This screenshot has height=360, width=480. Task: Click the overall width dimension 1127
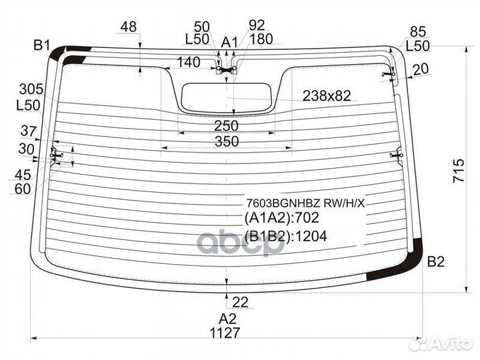pos(225,333)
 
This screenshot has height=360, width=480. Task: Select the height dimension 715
pos(459,171)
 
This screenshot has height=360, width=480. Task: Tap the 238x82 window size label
pos(327,96)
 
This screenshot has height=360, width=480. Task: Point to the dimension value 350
pos(227,142)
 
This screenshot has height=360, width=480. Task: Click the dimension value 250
pos(226,126)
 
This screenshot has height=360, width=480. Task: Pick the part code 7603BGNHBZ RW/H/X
pos(306,203)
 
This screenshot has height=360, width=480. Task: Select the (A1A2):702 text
pos(281,217)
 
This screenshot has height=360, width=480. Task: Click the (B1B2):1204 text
pos(285,236)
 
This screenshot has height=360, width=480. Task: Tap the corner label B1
pos(41,45)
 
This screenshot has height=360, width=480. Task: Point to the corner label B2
pos(435,262)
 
